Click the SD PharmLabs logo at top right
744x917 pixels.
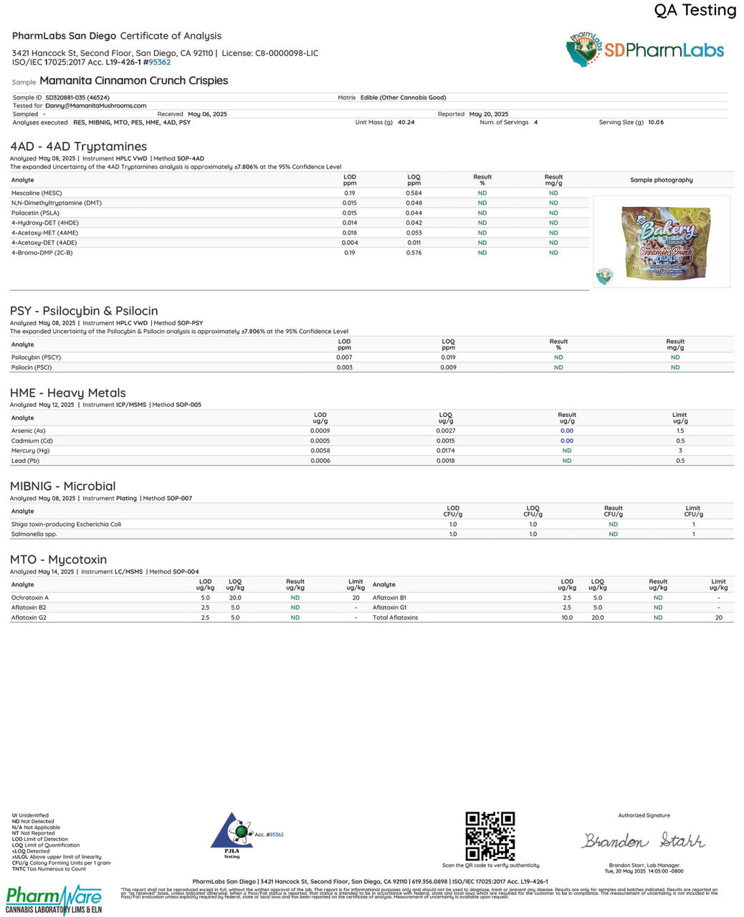coord(644,50)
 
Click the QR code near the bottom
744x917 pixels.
coord(490,835)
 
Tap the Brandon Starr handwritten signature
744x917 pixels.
coord(643,840)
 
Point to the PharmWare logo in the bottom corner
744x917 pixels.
coord(54,900)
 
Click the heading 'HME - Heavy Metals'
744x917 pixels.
coord(67,393)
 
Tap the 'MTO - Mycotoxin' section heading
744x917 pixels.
coord(58,560)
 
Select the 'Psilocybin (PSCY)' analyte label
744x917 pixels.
coord(36,357)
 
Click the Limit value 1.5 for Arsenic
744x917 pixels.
coord(679,431)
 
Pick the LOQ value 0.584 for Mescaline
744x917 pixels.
coord(414,193)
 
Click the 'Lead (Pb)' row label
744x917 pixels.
coord(25,461)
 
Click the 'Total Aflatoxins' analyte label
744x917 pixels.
coord(395,618)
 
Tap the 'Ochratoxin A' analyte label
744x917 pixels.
coord(30,597)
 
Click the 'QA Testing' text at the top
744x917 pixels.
coord(695,10)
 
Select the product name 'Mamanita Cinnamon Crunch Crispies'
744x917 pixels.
coord(134,81)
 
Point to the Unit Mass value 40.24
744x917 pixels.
coord(406,123)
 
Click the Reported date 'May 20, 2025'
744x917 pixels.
coord(488,115)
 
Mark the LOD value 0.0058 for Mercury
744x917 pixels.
coord(320,451)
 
